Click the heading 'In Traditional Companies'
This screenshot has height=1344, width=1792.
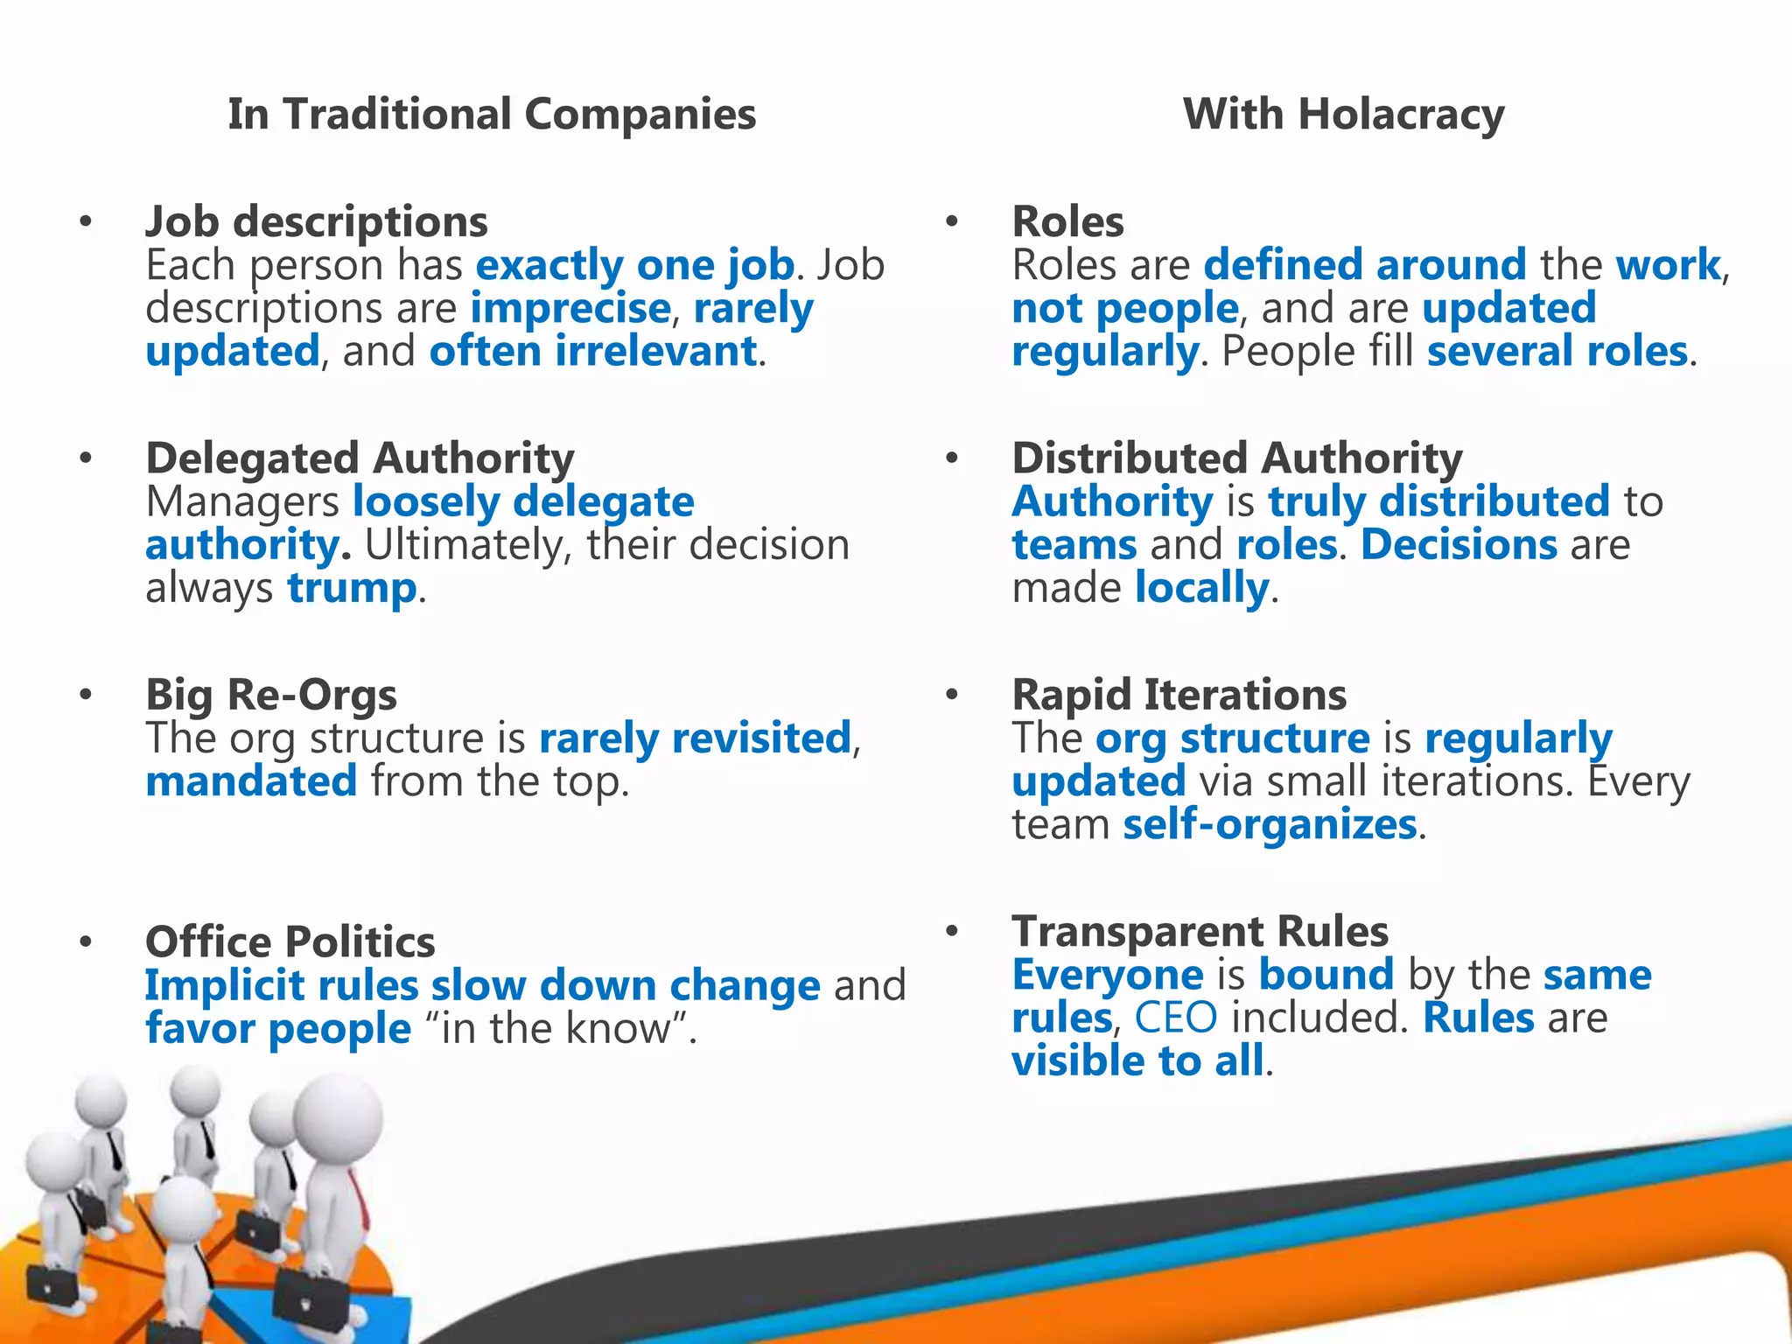click(492, 115)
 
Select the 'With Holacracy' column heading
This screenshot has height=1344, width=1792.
click(1343, 115)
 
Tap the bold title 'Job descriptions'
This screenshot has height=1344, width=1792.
click(317, 221)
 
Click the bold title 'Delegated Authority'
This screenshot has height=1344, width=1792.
click(360, 458)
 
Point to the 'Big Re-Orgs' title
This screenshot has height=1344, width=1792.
click(271, 695)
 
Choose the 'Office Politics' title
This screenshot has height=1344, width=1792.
click(290, 942)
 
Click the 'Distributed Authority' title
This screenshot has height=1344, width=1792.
click(1237, 458)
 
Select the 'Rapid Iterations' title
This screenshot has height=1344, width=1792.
click(1179, 695)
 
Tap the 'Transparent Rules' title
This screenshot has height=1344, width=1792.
click(1200, 931)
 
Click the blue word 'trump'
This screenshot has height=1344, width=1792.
click(352, 588)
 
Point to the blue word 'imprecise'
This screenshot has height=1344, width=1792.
click(570, 308)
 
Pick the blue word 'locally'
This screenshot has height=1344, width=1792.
click(1201, 588)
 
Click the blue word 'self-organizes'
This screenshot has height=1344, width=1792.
click(1270, 824)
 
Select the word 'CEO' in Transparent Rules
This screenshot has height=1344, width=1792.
click(1175, 1018)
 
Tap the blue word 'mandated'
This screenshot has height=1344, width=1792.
click(251, 781)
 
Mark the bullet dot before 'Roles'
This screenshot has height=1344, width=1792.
click(952, 221)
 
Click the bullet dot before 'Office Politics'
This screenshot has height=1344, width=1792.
click(85, 942)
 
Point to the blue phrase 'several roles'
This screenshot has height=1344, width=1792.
click(1557, 352)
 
